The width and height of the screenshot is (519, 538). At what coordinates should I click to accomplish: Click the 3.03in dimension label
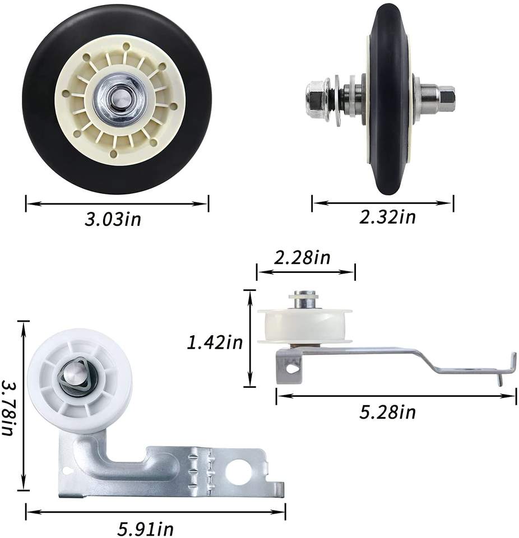[x=113, y=219]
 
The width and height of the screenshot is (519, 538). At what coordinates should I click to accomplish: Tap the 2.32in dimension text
[x=388, y=216]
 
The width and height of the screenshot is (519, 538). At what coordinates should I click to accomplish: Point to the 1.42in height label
[x=215, y=341]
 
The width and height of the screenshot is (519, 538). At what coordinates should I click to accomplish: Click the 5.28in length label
[x=387, y=412]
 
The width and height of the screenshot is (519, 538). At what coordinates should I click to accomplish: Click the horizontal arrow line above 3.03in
[x=117, y=203]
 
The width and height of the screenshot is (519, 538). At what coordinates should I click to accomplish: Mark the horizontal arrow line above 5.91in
[x=156, y=511]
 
